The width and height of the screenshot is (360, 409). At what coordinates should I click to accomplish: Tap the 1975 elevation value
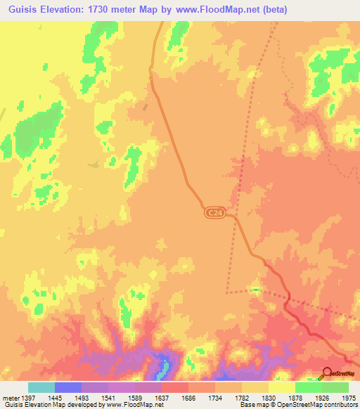349,398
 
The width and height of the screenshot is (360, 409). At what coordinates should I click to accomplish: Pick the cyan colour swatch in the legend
41,387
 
